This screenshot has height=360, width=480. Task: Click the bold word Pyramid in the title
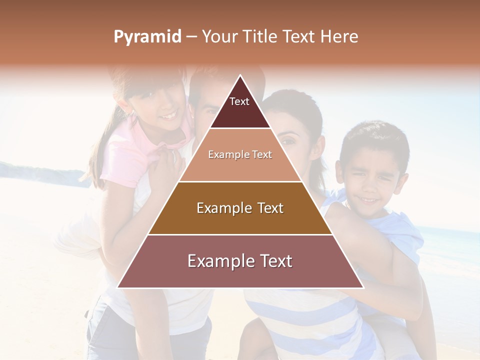147,36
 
